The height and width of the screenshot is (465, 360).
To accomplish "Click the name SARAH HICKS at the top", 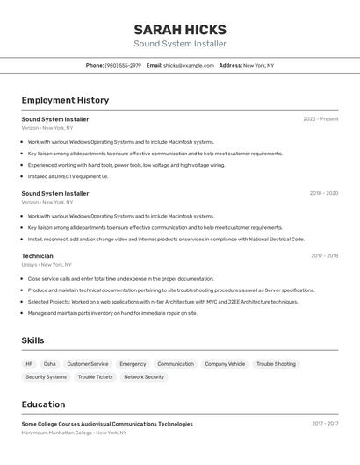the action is pos(180,30).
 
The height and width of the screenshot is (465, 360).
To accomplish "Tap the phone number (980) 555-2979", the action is pos(123,65).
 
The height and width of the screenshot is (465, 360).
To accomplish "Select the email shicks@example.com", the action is pos(188,65).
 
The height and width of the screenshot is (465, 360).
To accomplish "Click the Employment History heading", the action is pos(65,100).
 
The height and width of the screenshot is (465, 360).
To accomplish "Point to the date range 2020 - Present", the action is pos(320,119).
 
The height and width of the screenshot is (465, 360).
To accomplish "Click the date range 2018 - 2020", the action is pos(323,193).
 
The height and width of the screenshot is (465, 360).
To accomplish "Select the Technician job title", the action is pos(38,256).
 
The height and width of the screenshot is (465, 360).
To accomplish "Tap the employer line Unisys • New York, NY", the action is pos(47,265).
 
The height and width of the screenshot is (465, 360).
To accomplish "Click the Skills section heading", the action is pos(33,340).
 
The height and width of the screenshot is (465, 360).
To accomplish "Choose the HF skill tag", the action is pos(29,364).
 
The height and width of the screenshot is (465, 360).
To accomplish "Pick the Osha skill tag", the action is pos(50,364).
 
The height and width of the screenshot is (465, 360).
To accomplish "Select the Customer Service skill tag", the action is pos(88,364).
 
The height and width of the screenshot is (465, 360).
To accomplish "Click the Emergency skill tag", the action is pos(133,364).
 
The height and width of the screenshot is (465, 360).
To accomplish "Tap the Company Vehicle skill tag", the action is pos(225,364).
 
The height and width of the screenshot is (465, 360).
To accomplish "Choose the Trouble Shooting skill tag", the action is pos(276,364).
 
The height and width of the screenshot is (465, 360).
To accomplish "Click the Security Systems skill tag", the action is pos(46,377).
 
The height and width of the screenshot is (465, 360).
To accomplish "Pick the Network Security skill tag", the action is pos(143,377).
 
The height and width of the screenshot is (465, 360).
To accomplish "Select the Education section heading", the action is pos(43,404).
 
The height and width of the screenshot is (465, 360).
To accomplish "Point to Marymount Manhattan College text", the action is pos(57,433).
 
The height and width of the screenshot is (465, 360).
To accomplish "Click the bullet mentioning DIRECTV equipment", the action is pos(68,176).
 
